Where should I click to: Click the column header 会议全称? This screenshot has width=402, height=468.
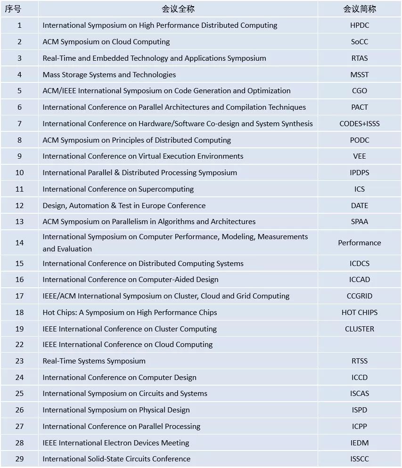pyautogui.click(x=178, y=9)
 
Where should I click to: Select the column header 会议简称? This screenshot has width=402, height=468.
pyautogui.click(x=359, y=9)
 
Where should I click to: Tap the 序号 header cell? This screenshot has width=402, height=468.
pyautogui.click(x=19, y=9)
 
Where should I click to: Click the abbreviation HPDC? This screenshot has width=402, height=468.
pyautogui.click(x=359, y=25)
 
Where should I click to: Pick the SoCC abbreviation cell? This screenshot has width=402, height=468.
pyautogui.click(x=359, y=42)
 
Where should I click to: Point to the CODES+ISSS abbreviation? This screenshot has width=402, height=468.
pyautogui.click(x=359, y=124)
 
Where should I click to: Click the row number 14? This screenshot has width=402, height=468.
pyautogui.click(x=19, y=242)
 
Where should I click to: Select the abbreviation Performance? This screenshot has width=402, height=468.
pyautogui.click(x=359, y=242)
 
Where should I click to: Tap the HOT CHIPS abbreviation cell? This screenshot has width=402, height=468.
pyautogui.click(x=359, y=313)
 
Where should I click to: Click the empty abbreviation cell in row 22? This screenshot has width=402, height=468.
pyautogui.click(x=359, y=345)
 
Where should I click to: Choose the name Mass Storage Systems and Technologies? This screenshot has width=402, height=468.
pyautogui.click(x=109, y=74)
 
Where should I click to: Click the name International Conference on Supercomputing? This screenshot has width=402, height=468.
pyautogui.click(x=118, y=189)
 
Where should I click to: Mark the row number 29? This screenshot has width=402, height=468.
pyautogui.click(x=19, y=459)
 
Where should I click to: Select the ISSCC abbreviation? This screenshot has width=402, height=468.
pyautogui.click(x=359, y=459)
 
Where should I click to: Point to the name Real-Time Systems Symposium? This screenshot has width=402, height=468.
pyautogui.click(x=94, y=361)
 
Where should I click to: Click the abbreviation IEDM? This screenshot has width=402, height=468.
pyautogui.click(x=359, y=443)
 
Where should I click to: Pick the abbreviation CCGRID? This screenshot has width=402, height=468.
pyautogui.click(x=359, y=296)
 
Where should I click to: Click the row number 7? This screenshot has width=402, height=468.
pyautogui.click(x=19, y=124)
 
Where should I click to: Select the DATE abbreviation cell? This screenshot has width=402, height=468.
pyautogui.click(x=359, y=206)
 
